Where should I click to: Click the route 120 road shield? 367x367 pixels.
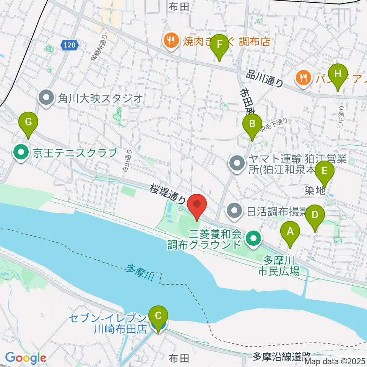tap(70, 45)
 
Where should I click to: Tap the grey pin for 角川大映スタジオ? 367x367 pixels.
tap(47, 98)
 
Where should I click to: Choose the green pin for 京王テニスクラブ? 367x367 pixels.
tap(21, 153)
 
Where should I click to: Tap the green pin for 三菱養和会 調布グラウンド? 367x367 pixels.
tap(253, 239)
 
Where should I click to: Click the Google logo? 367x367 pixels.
tap(25, 358)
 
